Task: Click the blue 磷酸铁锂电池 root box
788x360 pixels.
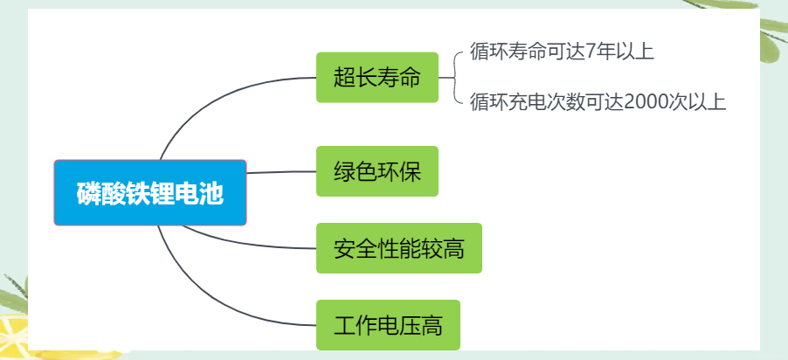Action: tap(150, 192)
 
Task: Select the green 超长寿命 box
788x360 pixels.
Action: tap(377, 78)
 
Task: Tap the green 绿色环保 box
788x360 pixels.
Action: tap(377, 171)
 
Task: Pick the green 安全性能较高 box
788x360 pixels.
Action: tap(399, 248)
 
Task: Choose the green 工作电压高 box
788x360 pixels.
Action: tap(388, 325)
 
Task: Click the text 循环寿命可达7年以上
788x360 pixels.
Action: tap(562, 52)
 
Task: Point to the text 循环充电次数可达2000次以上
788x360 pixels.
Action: tap(598, 102)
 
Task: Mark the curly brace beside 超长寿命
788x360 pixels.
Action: tap(454, 78)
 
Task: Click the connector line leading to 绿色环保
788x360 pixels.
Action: tap(281, 172)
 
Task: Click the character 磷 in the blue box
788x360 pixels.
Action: tap(88, 193)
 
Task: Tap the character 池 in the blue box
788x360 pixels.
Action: tap(211, 193)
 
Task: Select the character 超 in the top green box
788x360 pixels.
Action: tap(344, 78)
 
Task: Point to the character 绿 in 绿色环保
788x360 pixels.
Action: tap(344, 171)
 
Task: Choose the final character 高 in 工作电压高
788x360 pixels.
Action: tap(432, 325)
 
